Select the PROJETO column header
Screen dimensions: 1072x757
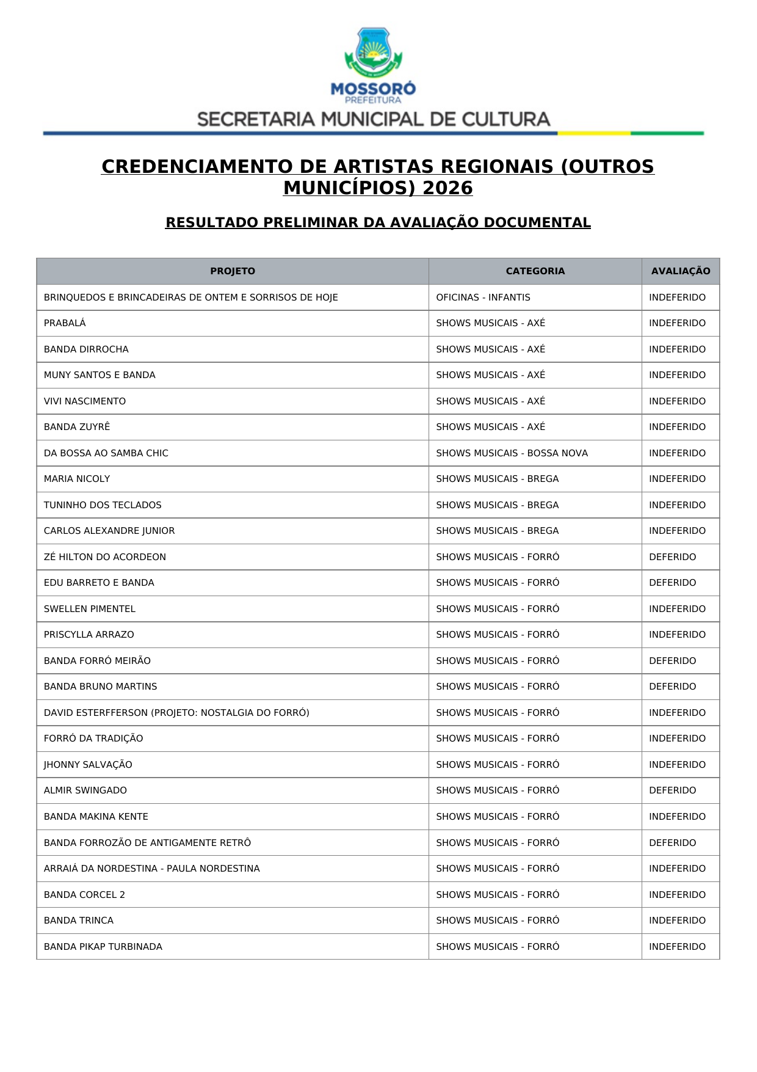(233, 271)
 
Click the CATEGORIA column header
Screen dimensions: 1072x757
(535, 271)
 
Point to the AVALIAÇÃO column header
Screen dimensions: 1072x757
(680, 271)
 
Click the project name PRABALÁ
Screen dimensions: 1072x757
(65, 323)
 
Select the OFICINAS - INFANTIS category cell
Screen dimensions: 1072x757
(483, 297)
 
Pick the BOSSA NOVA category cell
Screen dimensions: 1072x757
(512, 453)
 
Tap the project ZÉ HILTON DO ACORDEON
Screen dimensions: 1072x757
(105, 557)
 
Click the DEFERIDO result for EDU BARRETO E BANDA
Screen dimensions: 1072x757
(672, 583)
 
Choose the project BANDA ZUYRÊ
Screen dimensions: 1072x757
(77, 427)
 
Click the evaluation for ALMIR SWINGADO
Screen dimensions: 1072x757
(672, 790)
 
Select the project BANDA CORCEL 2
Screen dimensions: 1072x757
(84, 895)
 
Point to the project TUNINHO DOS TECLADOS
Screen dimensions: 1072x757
(103, 505)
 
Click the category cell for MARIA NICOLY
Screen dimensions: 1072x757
(497, 479)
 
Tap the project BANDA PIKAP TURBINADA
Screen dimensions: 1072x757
(103, 947)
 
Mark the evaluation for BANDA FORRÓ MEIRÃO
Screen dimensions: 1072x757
(672, 661)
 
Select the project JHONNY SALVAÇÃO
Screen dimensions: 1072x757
(88, 765)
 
